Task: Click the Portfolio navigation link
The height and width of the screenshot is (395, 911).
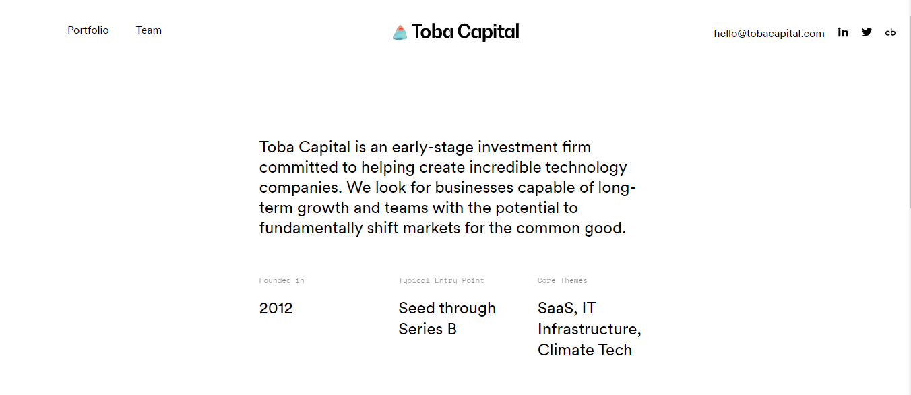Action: [88, 30]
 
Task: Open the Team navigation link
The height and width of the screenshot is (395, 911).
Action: [148, 30]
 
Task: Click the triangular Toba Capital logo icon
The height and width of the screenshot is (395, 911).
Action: [400, 32]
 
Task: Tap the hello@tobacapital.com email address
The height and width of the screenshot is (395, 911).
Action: [769, 33]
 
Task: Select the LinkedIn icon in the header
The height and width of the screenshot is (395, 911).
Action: [843, 32]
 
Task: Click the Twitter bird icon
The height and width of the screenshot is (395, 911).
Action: [867, 32]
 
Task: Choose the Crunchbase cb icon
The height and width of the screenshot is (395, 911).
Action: [890, 32]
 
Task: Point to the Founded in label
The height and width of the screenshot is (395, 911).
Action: [282, 280]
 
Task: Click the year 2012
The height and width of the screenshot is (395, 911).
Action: [276, 308]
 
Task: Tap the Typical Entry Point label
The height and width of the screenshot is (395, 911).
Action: [441, 280]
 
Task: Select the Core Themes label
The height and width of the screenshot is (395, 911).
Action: [563, 280]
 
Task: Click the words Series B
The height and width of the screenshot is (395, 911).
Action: [427, 329]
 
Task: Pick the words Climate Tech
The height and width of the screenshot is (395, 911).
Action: [585, 351]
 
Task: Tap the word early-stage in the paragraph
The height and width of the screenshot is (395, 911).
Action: [433, 148]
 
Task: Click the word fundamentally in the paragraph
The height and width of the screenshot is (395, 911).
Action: [311, 229]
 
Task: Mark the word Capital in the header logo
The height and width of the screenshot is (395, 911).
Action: [488, 32]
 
